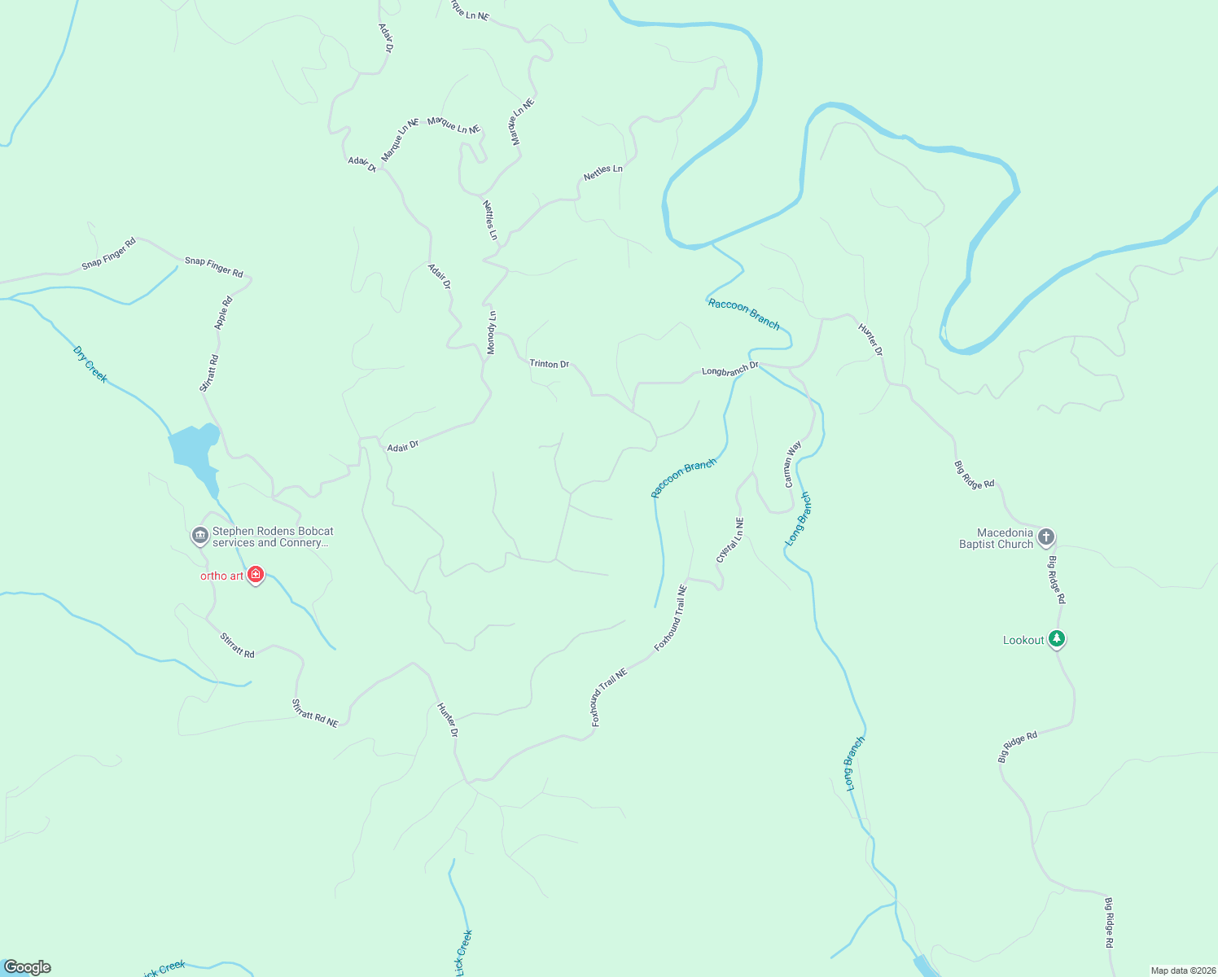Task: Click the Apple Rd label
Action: pyautogui.click(x=223, y=313)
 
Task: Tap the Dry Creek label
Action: pyautogui.click(x=90, y=364)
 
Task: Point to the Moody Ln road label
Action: pyautogui.click(x=492, y=333)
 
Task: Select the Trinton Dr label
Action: pyautogui.click(x=550, y=364)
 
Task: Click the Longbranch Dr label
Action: pyautogui.click(x=729, y=370)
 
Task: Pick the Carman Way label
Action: pyautogui.click(x=793, y=464)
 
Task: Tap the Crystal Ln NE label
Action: pyautogui.click(x=730, y=540)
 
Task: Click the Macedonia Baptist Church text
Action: pyautogui.click(x=996, y=538)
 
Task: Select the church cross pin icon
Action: pyautogui.click(x=1046, y=537)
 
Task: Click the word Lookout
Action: pyautogui.click(x=1023, y=641)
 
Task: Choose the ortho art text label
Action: pyautogui.click(x=222, y=576)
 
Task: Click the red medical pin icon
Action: pyautogui.click(x=256, y=575)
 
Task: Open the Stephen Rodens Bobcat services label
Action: pyautogui.click(x=273, y=537)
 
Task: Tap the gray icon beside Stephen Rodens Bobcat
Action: pyautogui.click(x=199, y=536)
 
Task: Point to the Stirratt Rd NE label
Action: pyautogui.click(x=315, y=713)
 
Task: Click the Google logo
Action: pyautogui.click(x=28, y=967)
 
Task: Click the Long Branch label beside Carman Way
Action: pyautogui.click(x=798, y=519)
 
